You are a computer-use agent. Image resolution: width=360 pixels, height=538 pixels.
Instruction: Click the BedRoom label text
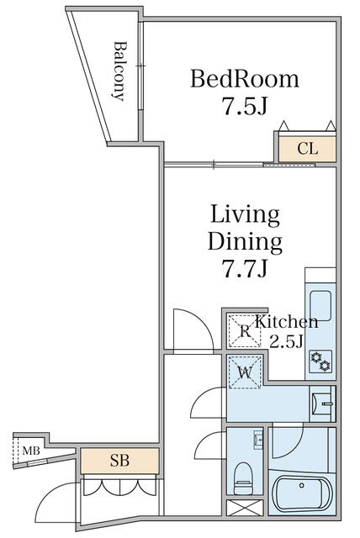245,80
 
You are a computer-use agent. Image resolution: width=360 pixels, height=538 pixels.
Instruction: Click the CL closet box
308,150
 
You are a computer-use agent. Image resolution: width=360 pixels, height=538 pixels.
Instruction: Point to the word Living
245,214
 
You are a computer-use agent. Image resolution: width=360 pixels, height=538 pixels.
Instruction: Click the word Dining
245,242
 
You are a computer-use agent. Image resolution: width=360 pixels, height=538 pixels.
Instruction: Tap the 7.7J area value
245,270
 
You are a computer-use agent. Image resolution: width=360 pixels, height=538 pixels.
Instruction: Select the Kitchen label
287,322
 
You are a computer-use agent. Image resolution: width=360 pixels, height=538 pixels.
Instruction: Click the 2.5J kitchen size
286,341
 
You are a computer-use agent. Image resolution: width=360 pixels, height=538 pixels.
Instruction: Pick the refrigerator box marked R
245,330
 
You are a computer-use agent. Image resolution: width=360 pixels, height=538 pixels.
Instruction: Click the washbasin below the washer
321,403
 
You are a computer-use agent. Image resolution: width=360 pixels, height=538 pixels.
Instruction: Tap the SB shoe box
119,461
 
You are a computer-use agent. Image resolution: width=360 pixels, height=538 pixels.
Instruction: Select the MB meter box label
31,451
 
